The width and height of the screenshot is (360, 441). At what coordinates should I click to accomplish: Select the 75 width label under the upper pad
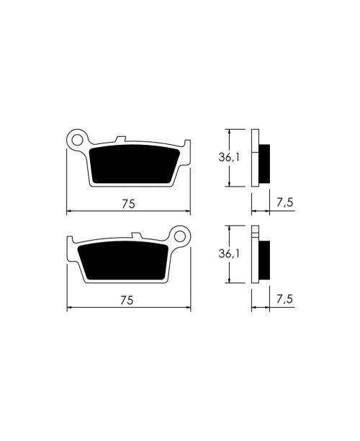click(x=128, y=204)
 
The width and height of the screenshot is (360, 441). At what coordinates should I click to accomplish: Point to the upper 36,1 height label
click(x=228, y=157)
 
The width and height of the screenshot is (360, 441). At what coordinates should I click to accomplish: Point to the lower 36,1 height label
click(x=228, y=254)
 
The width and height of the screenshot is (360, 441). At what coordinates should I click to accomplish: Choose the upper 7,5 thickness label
click(x=284, y=204)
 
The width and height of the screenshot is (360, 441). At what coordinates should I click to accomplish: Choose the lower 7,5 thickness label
click(x=284, y=300)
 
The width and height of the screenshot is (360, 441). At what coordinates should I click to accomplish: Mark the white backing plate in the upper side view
click(x=255, y=158)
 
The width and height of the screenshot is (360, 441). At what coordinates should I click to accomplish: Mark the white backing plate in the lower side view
click(x=255, y=256)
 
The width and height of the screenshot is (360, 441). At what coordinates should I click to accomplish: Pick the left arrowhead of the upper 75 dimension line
click(x=69, y=212)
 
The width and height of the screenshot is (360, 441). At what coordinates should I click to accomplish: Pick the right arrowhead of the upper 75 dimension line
click(x=189, y=212)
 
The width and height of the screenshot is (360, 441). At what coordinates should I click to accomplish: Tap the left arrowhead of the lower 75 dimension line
click(x=69, y=308)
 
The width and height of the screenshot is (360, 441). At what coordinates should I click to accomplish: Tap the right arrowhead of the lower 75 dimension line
click(x=189, y=308)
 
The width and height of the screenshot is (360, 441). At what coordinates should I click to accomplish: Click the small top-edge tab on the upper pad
click(x=122, y=138)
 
